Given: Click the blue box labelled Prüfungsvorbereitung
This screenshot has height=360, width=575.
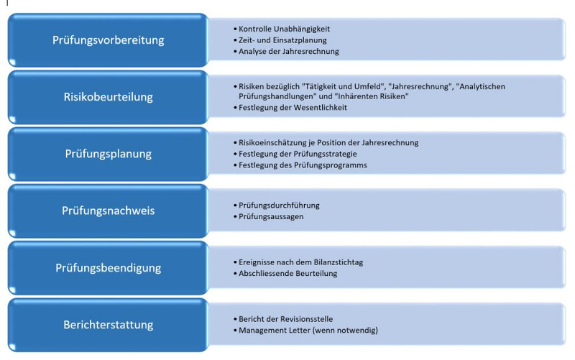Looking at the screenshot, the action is coord(109,40).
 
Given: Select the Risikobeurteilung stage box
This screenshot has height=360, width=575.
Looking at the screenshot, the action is coord(109,97).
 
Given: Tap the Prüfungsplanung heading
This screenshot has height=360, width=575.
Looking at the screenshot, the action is coord(109,154).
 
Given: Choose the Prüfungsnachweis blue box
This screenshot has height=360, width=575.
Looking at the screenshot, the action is coord(109,211).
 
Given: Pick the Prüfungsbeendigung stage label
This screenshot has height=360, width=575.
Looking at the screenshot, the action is coord(109,267).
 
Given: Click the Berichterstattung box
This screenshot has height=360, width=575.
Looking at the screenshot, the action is coord(109,325).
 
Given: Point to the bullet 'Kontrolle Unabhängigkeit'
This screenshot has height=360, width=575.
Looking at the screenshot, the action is coord(284,29).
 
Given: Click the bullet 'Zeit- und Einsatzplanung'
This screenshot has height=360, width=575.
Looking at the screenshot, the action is coord(282,40).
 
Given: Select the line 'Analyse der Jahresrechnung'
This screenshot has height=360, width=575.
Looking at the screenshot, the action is coord(289,51).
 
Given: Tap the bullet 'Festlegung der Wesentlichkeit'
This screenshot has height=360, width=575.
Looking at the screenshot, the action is coord(293,107).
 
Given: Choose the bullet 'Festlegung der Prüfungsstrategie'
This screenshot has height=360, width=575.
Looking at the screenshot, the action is coord(298,154).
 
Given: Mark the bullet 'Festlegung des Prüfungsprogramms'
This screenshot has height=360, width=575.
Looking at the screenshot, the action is coord(303,165).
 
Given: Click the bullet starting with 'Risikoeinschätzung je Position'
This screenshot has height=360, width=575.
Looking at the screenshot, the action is coord(328,142).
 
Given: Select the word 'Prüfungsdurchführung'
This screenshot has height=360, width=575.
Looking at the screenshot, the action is coord(279,206).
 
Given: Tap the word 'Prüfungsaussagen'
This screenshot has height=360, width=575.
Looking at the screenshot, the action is coord(271,217).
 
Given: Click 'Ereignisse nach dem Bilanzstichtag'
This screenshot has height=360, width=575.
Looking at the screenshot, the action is coord(300,262).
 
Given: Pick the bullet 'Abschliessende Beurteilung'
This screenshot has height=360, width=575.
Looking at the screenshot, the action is coord(288,274).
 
